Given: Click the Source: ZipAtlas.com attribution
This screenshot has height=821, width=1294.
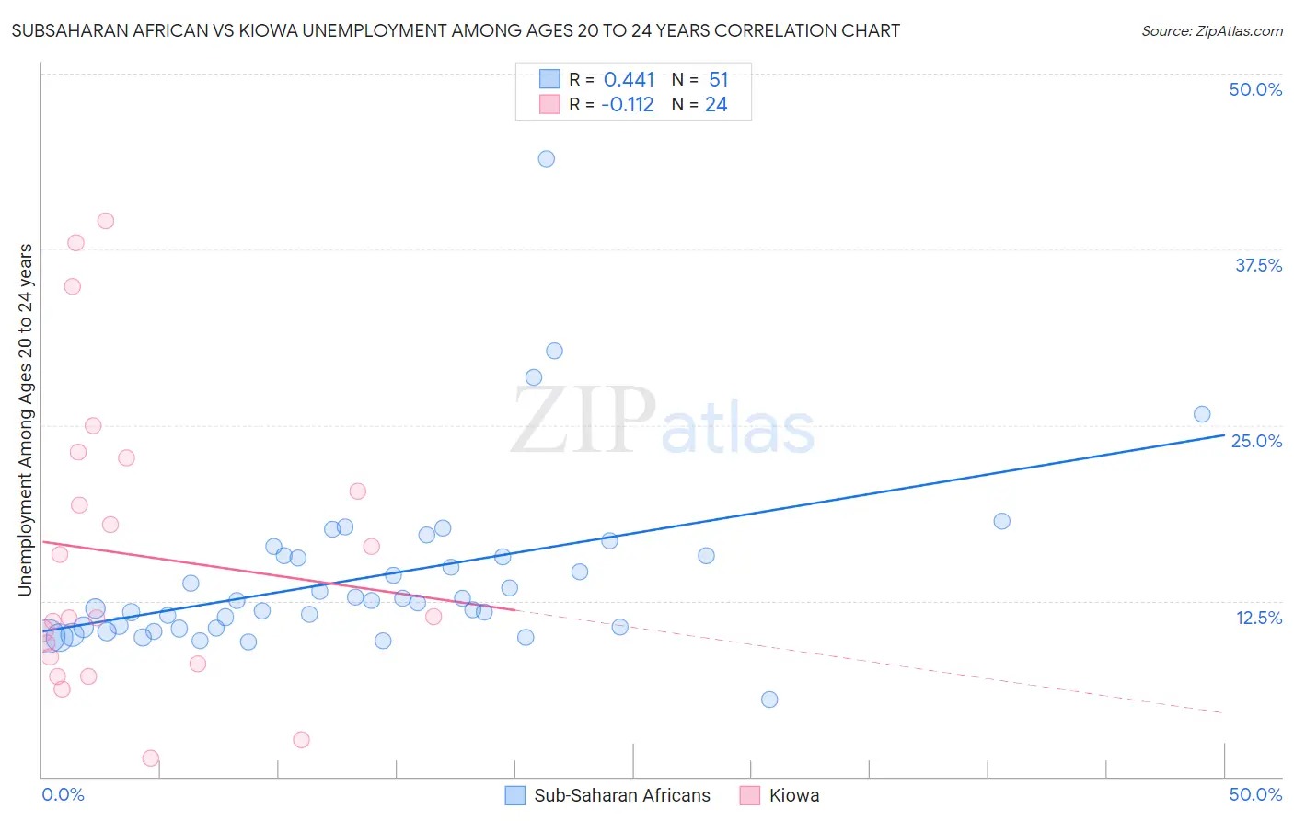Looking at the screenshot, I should pyautogui.click(x=1211, y=30).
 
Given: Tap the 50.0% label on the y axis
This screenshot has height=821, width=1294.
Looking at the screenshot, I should pyautogui.click(x=1255, y=89).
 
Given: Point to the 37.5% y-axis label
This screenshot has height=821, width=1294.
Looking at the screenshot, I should pyautogui.click(x=1258, y=265).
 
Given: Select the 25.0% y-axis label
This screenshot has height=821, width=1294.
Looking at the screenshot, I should pyautogui.click(x=1256, y=441).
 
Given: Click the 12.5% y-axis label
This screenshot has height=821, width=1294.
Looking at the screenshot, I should pyautogui.click(x=1258, y=617).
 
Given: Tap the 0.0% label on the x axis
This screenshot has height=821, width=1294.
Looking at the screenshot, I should pyautogui.click(x=63, y=794).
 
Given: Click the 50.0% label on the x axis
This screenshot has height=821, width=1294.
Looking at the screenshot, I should pyautogui.click(x=1255, y=794).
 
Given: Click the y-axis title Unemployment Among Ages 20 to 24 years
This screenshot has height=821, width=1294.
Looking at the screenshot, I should pyautogui.click(x=26, y=420).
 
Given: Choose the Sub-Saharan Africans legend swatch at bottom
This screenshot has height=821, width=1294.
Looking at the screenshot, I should pyautogui.click(x=515, y=795).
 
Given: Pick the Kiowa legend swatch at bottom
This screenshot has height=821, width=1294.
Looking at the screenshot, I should pyautogui.click(x=750, y=795).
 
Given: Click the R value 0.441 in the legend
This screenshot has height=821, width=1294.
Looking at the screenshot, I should pyautogui.click(x=629, y=80).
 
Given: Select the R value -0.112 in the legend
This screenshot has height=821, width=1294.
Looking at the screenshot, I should pyautogui.click(x=627, y=105).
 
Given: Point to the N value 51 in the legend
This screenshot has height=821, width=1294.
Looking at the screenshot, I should pyautogui.click(x=718, y=80).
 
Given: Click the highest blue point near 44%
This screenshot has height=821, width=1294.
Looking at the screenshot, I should pyautogui.click(x=546, y=158).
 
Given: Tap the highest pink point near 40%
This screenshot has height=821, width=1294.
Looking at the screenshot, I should pyautogui.click(x=106, y=221).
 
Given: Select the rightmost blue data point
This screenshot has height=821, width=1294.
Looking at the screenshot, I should pyautogui.click(x=1201, y=414).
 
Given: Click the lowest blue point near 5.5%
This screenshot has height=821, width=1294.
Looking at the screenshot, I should pyautogui.click(x=769, y=700).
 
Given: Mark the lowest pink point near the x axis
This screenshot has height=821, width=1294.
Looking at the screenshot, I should pyautogui.click(x=151, y=758).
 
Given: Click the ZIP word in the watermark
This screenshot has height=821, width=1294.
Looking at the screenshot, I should pyautogui.click(x=583, y=421).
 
